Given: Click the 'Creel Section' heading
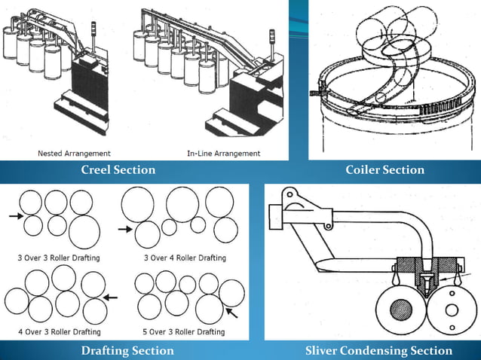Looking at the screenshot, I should coord(118,170).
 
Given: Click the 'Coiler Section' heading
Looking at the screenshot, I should coord(384,170).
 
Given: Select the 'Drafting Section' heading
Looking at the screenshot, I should coord(127,350).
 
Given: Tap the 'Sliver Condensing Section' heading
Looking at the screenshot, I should coord(378,350).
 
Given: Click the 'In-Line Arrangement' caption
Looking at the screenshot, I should coord(223,154).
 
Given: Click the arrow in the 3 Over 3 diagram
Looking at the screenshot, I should coord(16,217).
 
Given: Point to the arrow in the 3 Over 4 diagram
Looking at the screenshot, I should coord(125,227).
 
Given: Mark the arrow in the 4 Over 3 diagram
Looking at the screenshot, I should coord(111,297).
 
